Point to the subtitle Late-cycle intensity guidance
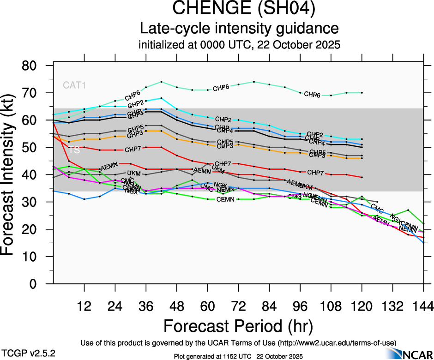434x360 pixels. tap(239, 28)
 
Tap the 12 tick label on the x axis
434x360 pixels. tap(84, 306)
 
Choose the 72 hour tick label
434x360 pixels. tap(238, 306)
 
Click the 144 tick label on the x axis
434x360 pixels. tap(423, 306)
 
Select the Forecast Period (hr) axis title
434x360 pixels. tap(238, 326)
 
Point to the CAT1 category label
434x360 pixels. tap(74, 85)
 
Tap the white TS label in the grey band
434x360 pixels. tap(74, 150)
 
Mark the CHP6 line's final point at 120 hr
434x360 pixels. tap(362, 93)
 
